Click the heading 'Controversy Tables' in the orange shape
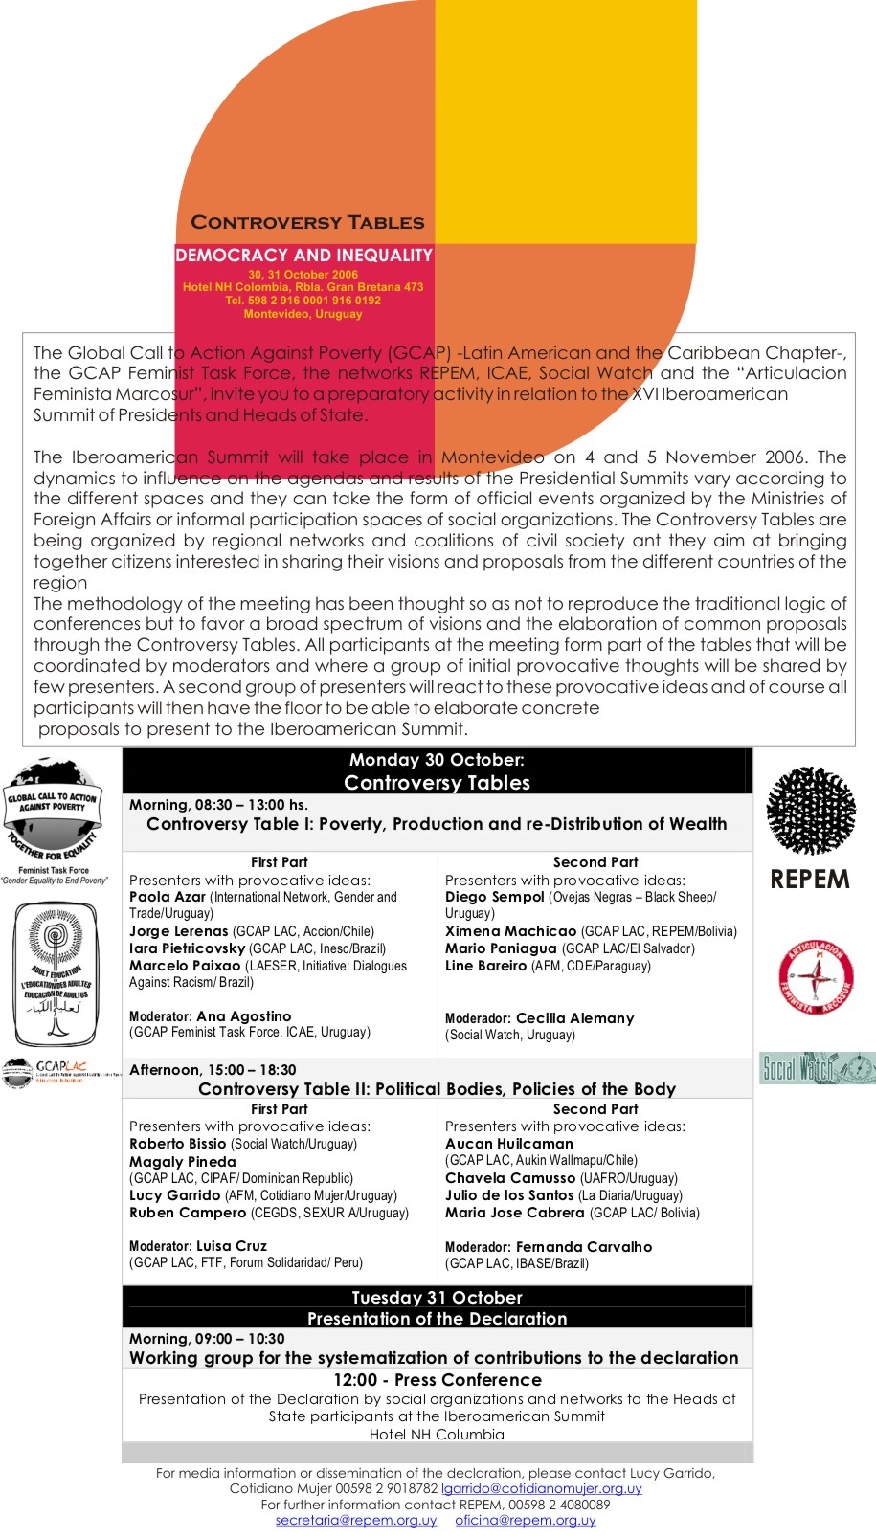click(307, 223)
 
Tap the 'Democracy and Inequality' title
click(303, 256)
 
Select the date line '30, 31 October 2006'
click(303, 275)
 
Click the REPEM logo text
click(810, 880)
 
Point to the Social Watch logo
click(817, 1068)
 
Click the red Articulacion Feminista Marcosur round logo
click(816, 977)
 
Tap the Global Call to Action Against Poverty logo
click(54, 807)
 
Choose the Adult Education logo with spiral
click(56, 974)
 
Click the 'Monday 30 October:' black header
click(437, 760)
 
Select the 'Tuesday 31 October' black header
click(437, 1298)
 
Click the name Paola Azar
click(168, 897)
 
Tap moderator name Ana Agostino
click(243, 1016)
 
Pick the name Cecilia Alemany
click(574, 1018)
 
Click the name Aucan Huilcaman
click(508, 1144)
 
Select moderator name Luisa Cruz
click(232, 1246)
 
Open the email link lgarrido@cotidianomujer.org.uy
click(541, 1488)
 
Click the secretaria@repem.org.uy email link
click(355, 1520)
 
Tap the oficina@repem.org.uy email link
click(525, 1520)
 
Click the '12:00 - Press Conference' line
click(437, 1380)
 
